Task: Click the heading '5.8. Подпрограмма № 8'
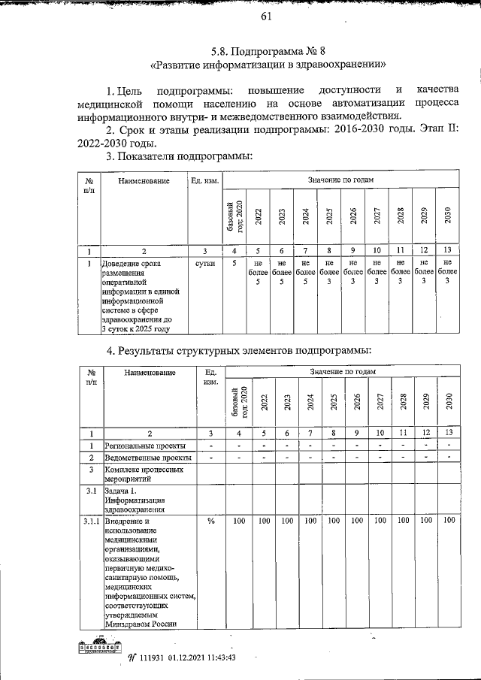267,53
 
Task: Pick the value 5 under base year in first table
234,264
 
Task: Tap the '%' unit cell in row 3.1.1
210,521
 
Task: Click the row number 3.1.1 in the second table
90,521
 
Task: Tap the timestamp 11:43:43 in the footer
219,656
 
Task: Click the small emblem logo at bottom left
100,646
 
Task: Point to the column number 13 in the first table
447,250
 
